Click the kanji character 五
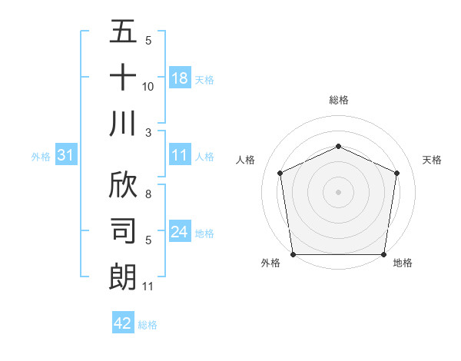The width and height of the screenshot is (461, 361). point(123,33)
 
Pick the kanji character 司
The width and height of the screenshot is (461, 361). point(123,230)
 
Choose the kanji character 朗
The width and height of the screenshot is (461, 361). point(123,276)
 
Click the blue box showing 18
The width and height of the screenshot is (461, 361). point(180,78)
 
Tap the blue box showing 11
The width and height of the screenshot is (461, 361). point(180,155)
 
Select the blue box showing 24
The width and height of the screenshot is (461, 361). point(180,232)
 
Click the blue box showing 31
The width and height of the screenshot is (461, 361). point(66,156)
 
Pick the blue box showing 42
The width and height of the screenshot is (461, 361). point(123,323)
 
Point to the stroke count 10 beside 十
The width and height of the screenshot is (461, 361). point(148,87)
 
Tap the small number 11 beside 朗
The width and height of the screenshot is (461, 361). point(148,286)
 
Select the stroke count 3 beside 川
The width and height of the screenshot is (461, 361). point(148,132)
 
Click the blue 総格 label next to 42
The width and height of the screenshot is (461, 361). point(148,325)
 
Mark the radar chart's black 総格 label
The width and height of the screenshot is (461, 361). point(338,100)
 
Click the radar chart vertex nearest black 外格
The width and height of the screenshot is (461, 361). point(293,254)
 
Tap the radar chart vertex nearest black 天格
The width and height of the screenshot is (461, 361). point(397,173)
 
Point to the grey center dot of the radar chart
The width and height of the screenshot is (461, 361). point(338,191)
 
